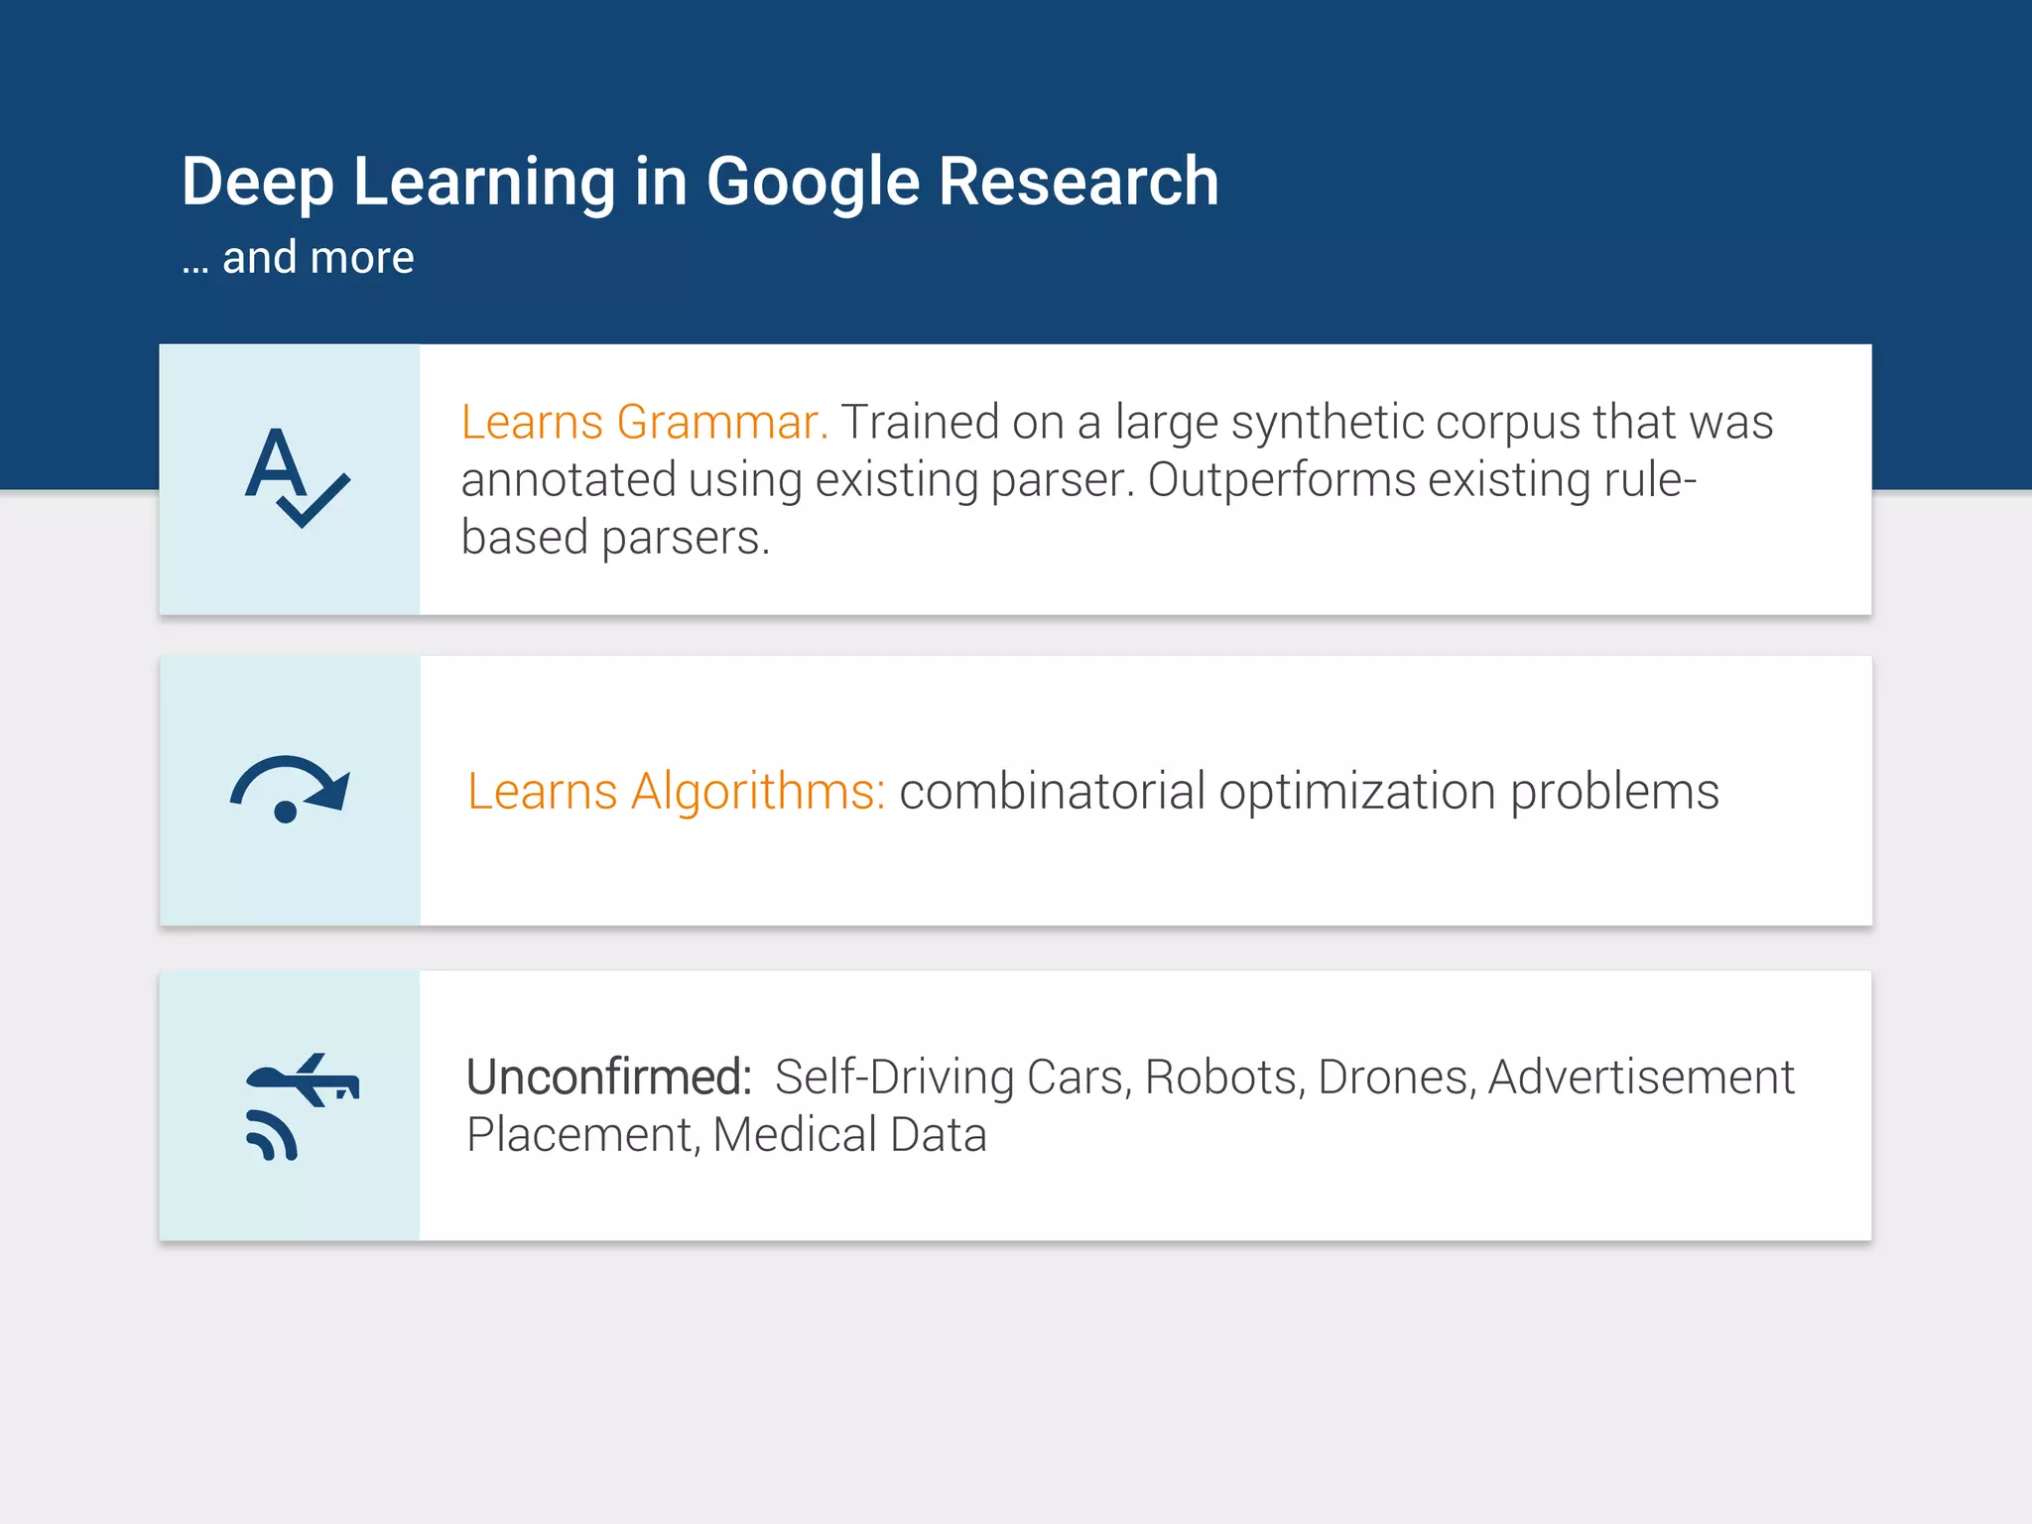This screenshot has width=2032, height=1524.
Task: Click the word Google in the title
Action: pos(813,183)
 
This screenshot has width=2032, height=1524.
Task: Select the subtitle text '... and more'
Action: pos(298,258)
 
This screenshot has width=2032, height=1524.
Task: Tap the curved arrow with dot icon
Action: pos(290,790)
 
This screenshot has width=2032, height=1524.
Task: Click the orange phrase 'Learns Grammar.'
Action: pos(645,423)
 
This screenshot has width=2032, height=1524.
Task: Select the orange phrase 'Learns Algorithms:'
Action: pos(676,792)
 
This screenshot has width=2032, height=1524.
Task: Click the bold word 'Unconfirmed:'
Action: pos(609,1078)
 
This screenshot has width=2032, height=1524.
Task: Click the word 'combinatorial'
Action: pos(1052,792)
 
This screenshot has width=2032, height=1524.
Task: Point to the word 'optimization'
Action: pos(1356,792)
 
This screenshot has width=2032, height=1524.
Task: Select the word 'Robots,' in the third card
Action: pos(1223,1078)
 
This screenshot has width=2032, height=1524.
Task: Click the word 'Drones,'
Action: pos(1396,1078)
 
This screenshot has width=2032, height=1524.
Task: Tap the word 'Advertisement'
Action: pos(1641,1078)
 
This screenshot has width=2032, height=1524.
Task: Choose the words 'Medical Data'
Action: pos(849,1135)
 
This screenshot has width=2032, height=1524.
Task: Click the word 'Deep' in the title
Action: pos(257,183)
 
